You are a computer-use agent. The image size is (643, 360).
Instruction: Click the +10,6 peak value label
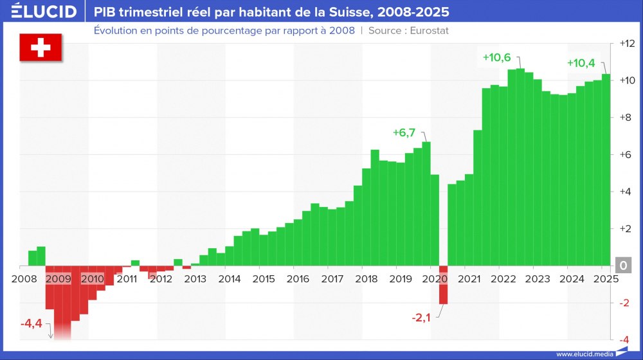[496, 57]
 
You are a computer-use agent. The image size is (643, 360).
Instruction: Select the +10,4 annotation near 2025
[581, 63]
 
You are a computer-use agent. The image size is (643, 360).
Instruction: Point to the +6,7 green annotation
[404, 133]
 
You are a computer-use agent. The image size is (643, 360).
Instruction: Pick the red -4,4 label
[31, 323]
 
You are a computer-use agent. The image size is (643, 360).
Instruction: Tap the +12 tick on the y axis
[626, 44]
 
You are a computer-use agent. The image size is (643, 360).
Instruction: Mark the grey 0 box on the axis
[623, 265]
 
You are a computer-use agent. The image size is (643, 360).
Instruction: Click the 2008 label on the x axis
[24, 279]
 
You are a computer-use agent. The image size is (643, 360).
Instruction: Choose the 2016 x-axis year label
[298, 279]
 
